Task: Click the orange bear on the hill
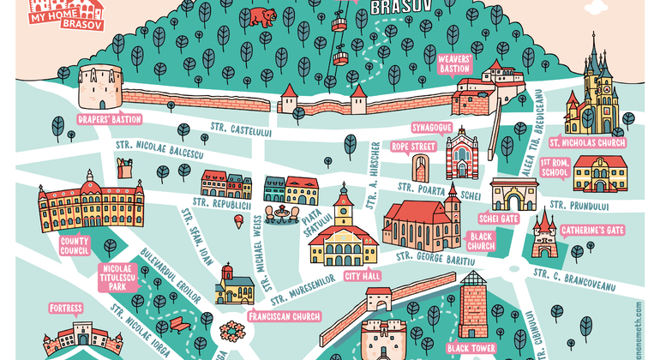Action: tap(259, 16)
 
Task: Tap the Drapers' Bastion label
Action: tap(109, 119)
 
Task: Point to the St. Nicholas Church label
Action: tap(587, 142)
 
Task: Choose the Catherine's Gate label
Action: tap(591, 231)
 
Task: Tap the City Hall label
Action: tap(362, 276)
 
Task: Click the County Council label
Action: tap(75, 246)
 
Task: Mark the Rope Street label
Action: tap(414, 147)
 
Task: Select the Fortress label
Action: tap(66, 308)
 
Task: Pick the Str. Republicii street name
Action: tap(221, 207)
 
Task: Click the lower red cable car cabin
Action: tap(341, 58)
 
